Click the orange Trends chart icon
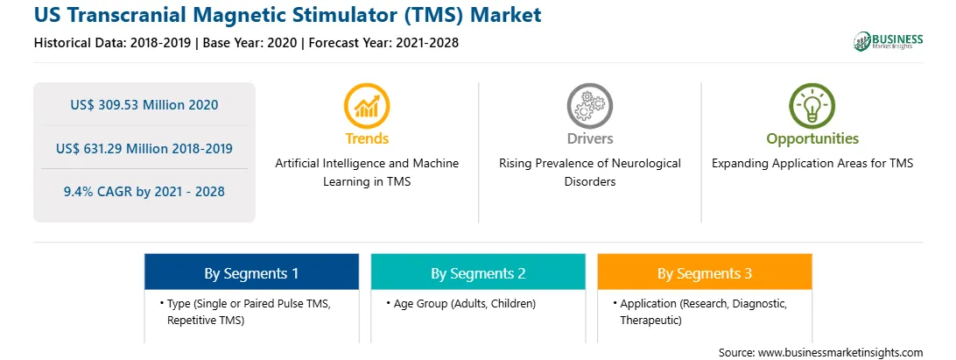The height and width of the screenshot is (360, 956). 367,106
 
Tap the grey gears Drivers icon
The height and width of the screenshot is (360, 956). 589,106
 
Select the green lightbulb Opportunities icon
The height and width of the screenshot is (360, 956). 812,106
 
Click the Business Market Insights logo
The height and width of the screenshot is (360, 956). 888,41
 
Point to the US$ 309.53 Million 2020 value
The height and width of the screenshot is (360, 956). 144,104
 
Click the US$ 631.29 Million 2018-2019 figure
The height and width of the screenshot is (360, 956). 144,148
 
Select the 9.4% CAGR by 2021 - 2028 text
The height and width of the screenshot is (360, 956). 144,192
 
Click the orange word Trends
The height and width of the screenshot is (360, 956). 367,138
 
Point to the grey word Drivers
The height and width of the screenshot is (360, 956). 589,138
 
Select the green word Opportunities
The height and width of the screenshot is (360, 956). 812,139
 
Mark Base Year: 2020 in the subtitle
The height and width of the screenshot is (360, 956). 250,43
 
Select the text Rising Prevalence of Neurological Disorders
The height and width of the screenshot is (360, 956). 589,172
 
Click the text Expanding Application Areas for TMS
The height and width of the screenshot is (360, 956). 812,164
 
